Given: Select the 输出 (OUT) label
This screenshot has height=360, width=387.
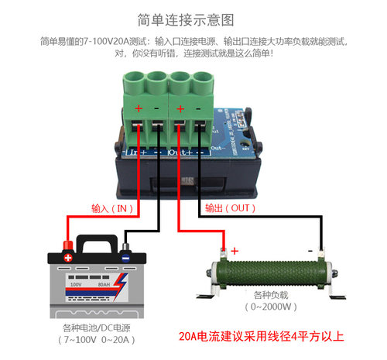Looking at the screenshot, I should click(230, 208).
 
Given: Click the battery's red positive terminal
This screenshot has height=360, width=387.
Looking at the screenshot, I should click(68, 257).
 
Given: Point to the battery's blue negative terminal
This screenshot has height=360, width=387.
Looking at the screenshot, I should click(126, 259).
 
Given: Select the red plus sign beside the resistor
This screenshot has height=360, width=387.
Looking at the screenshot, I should click(235, 250).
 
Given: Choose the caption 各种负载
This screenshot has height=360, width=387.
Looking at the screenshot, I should click(272, 296).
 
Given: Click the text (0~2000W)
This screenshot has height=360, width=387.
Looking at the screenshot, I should click(272, 308).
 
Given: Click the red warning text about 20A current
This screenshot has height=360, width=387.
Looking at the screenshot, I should click(260, 337).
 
